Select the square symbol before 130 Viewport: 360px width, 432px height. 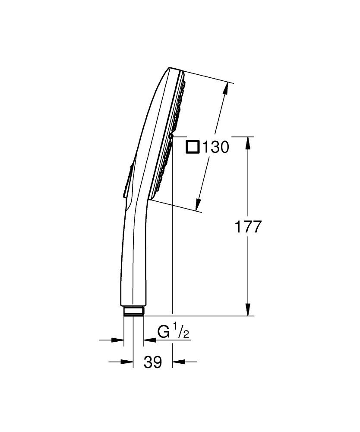click(x=192, y=148)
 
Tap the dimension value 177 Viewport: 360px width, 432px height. click(x=248, y=226)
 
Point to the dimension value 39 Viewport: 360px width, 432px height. click(x=152, y=362)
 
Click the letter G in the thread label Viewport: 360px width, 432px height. click(x=164, y=333)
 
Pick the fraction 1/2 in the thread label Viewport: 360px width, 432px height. click(x=182, y=333)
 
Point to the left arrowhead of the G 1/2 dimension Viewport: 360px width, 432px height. click(x=119, y=340)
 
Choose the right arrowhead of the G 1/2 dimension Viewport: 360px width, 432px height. click(x=148, y=340)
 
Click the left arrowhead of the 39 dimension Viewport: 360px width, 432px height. click(x=127, y=362)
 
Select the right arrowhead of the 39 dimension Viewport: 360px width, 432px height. click(x=177, y=362)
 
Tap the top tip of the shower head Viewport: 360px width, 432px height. click(x=169, y=68)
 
